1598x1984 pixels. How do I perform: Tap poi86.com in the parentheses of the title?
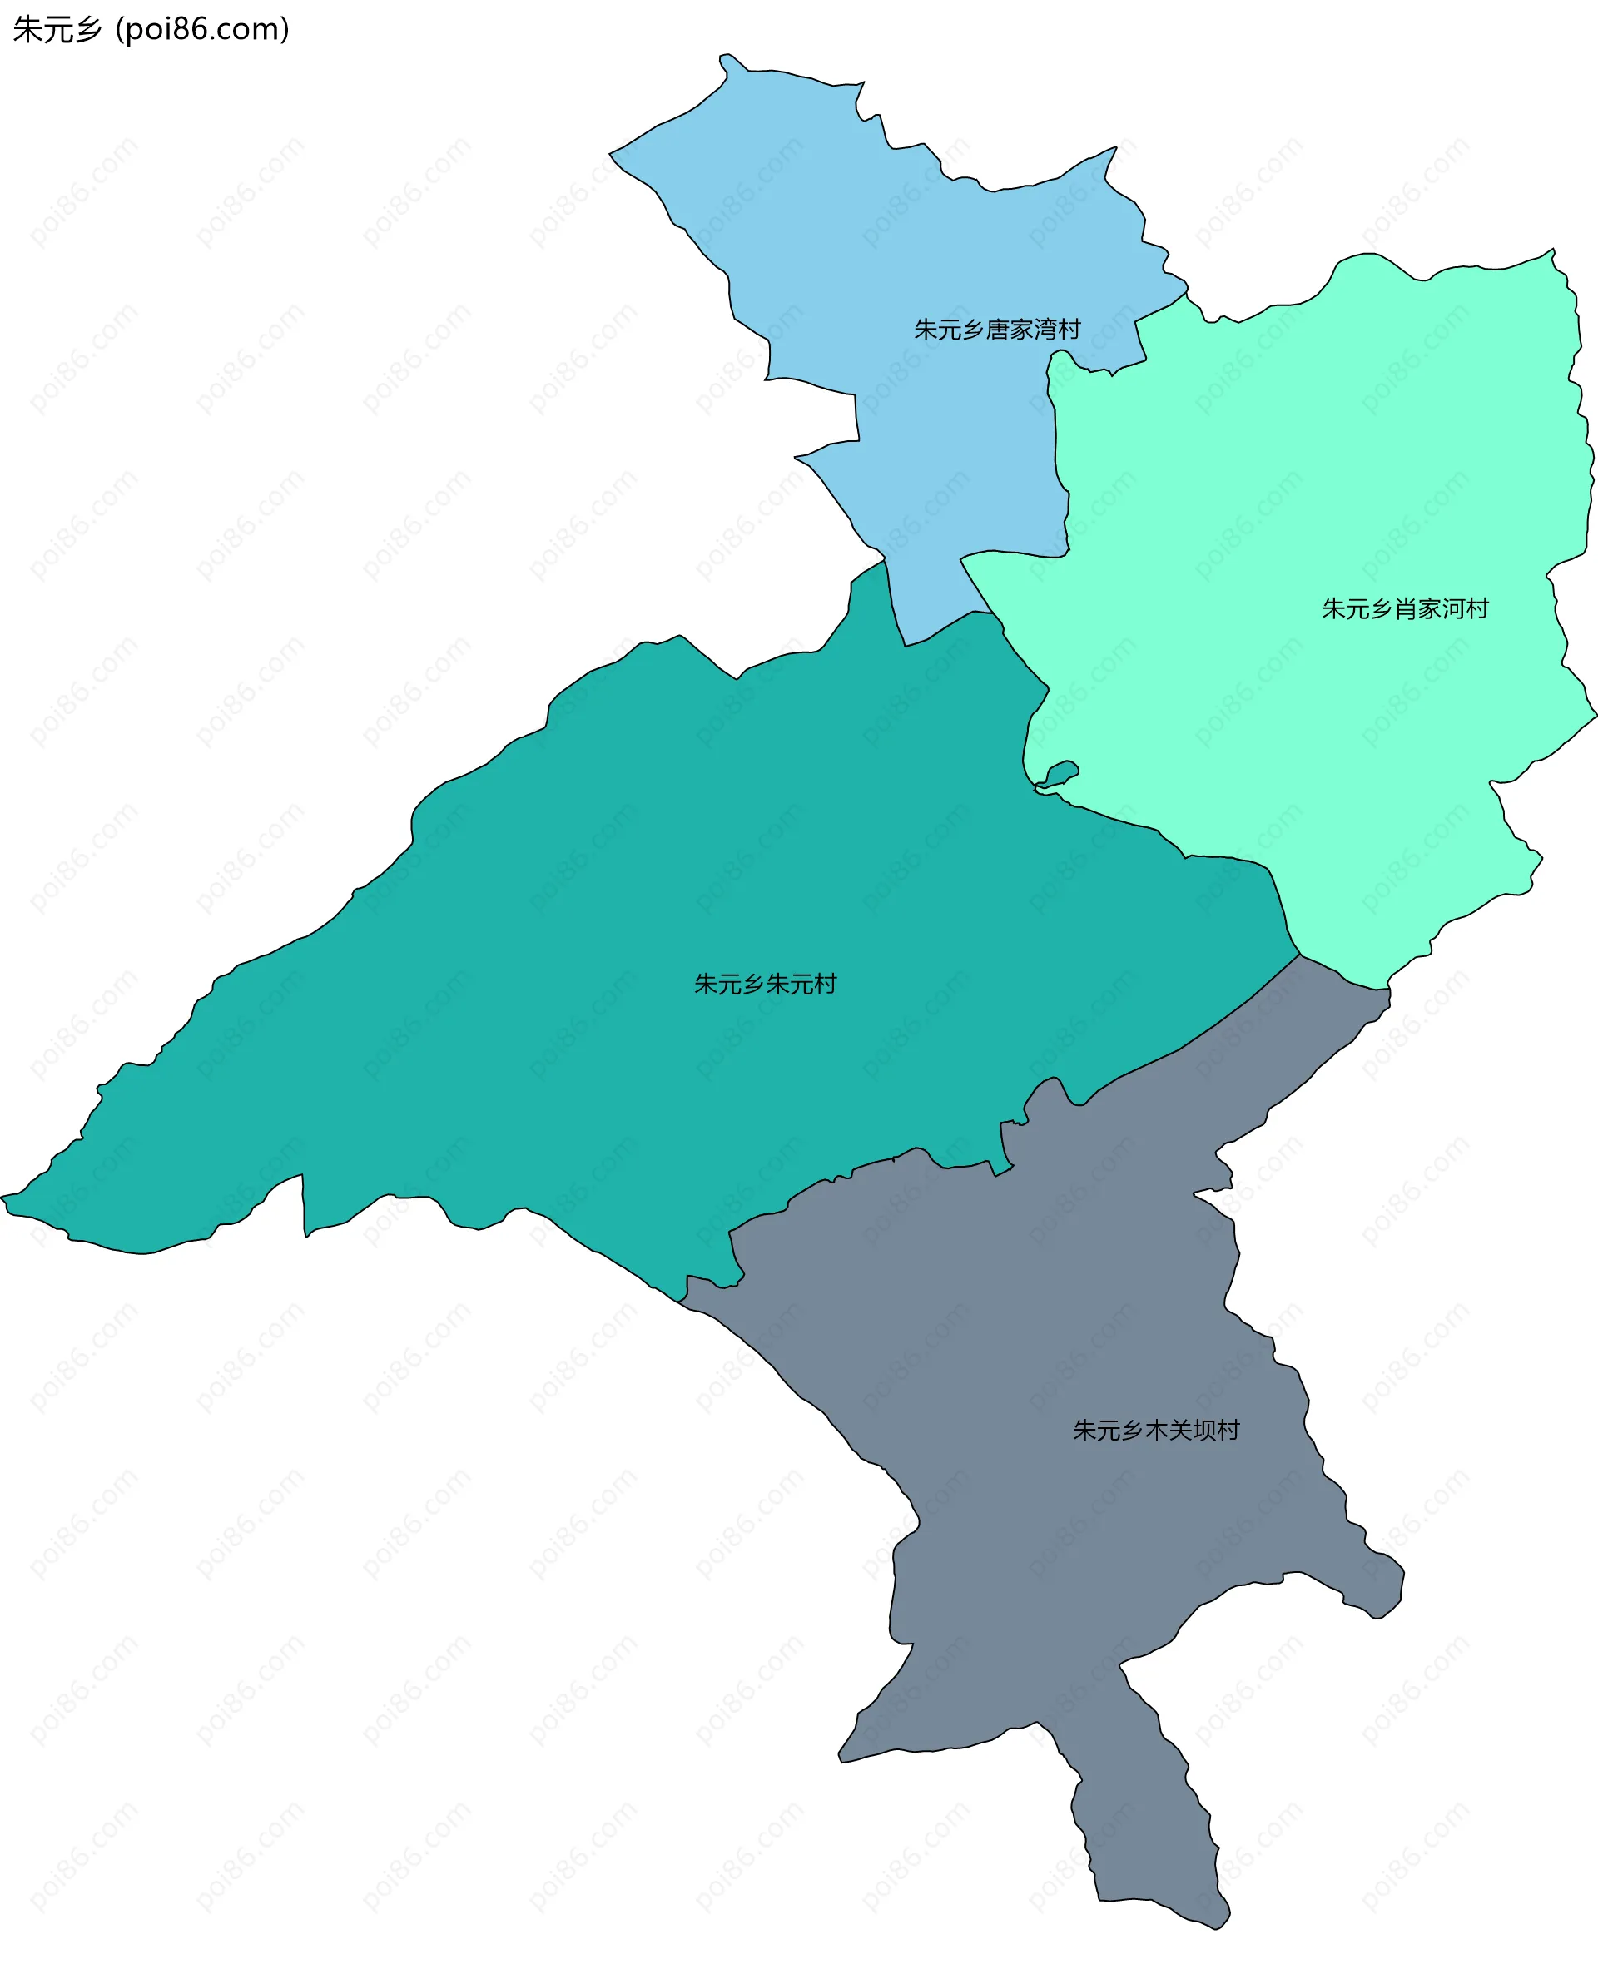(202, 29)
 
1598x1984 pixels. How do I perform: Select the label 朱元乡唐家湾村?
(997, 330)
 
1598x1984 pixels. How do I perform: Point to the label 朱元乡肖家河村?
(1405, 609)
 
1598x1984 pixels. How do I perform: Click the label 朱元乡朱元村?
(765, 985)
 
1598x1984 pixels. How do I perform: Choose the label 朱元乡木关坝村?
(1156, 1430)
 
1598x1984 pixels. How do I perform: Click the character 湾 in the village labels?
(1045, 330)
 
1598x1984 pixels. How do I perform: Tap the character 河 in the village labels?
(1453, 609)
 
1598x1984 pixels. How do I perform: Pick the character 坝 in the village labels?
(1204, 1430)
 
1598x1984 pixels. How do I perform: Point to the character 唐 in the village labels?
(997, 330)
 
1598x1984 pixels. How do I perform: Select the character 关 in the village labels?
(1180, 1430)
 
